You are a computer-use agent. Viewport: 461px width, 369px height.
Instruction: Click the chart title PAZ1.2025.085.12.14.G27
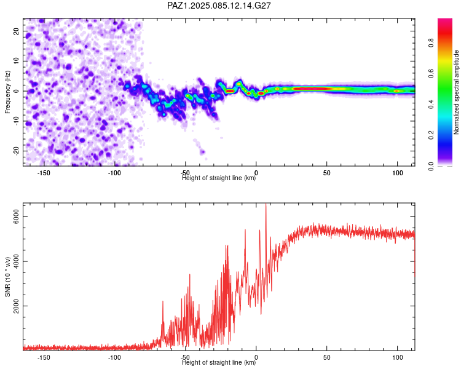219,6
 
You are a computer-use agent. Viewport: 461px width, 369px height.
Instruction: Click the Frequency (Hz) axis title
7,92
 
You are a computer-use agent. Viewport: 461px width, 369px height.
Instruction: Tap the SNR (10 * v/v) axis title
7,277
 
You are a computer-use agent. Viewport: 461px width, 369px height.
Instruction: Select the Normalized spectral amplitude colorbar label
456,92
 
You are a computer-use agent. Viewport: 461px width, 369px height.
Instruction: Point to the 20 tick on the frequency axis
17,31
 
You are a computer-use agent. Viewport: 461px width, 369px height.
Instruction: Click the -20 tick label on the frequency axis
17,151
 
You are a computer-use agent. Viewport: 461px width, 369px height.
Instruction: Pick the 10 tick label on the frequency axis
17,61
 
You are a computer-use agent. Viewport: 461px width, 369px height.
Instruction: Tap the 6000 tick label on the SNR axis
17,217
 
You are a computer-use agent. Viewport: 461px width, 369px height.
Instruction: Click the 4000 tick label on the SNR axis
17,261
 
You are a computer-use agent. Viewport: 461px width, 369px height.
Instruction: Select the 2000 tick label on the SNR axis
17,306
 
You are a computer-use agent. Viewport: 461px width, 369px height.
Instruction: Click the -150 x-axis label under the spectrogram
44,173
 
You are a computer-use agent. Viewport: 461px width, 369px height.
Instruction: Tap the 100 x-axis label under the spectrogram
398,173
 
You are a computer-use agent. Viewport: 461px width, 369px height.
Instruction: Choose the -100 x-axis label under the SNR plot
114,357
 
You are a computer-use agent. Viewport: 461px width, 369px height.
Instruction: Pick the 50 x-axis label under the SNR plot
326,357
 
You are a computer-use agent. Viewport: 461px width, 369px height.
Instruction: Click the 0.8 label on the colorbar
431,43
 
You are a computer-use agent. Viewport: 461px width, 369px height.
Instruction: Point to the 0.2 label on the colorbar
431,135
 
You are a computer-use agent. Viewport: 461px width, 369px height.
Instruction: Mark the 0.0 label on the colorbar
431,166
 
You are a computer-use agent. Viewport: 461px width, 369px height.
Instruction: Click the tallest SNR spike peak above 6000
266,204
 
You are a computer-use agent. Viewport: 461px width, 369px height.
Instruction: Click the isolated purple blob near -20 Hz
202,152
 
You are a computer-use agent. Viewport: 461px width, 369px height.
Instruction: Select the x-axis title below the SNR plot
219,362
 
